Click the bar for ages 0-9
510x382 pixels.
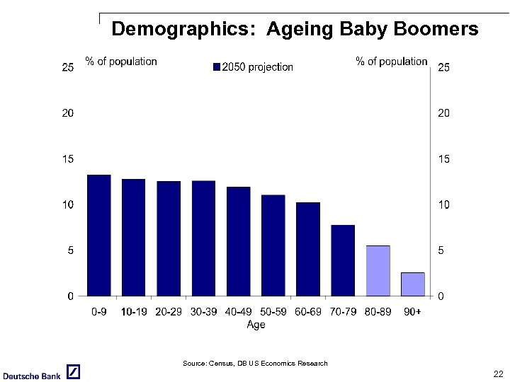99,235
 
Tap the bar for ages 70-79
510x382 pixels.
343,260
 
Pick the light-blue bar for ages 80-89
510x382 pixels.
378,270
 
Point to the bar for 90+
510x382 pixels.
412,284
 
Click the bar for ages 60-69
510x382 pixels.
308,248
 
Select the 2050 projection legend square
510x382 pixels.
217,67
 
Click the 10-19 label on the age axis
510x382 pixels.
134,312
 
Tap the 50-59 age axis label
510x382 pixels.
273,312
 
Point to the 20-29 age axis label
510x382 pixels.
169,312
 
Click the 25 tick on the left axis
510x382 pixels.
68,68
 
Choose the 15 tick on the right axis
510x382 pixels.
444,159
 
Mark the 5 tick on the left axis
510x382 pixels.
71,250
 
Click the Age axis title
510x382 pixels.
256,325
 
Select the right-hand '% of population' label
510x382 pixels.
391,62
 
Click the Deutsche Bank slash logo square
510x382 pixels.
73,372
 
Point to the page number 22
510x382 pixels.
499,374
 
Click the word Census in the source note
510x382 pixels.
220,364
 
